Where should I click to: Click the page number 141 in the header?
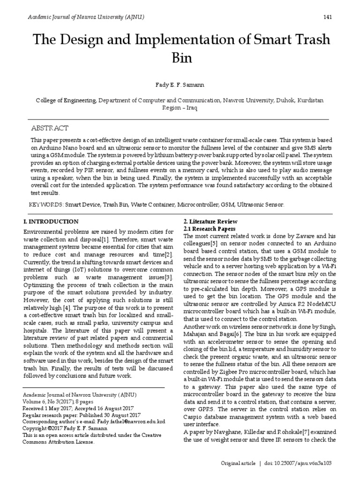point(328,17)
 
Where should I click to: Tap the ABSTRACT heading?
point(50,128)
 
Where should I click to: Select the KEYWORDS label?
point(46,205)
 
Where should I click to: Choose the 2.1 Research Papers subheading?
point(209,228)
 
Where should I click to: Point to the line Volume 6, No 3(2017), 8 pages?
point(59,402)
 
